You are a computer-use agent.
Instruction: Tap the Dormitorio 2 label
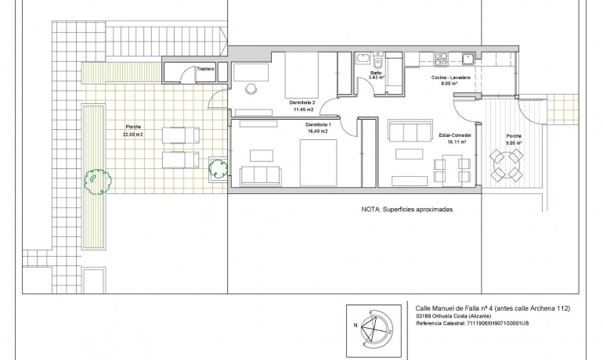coord(301,103)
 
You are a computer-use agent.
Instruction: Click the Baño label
coord(375,73)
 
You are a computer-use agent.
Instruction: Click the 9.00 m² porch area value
coord(514,142)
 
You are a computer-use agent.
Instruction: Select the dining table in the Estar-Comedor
coord(452,167)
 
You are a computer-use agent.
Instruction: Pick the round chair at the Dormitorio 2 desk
coord(253,88)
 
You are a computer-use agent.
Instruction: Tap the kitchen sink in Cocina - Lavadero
coord(468,57)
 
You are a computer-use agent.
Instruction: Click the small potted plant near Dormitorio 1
coord(217,167)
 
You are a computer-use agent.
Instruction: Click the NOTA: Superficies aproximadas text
coord(407,210)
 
